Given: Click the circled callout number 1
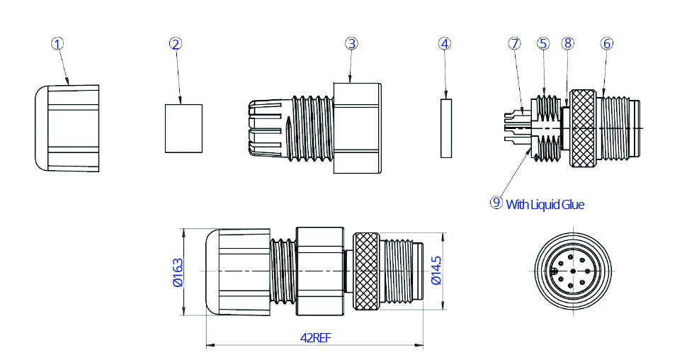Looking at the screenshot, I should pos(58,43).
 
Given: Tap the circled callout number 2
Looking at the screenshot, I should pos(176,43).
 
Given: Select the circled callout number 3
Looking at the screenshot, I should pos(351,43).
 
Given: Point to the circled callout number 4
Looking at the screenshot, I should pos(445,43).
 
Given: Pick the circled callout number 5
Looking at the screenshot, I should pos(543,43).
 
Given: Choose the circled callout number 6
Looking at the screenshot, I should pos(606,43).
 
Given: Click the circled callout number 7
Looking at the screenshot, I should pos(514,43).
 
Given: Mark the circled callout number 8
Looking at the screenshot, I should pos(567,43).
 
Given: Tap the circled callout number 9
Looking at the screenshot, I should pos(496,203).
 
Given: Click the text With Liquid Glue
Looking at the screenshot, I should pos(545,204).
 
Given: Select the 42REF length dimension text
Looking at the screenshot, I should pos(316,338).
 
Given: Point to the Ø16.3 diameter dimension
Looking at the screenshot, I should pos(177,272).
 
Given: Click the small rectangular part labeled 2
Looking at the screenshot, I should pos(183,128).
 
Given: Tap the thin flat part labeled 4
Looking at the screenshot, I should pos(445,128).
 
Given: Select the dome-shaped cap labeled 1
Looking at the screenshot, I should pos(67,128).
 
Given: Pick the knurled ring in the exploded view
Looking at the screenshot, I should pos(584,128).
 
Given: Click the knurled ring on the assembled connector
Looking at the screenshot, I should pos(368,272).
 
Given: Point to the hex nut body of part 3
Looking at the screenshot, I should pos(358,128).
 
